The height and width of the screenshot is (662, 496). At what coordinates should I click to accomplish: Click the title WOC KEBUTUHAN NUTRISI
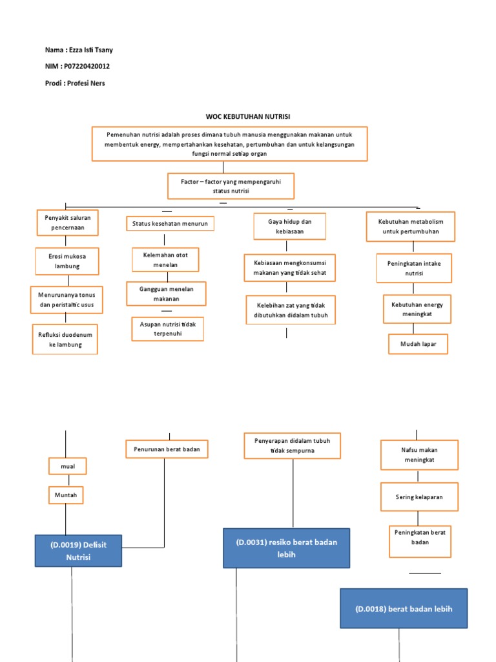tap(248, 116)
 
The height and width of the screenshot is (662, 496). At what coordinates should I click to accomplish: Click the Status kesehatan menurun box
tap(170, 224)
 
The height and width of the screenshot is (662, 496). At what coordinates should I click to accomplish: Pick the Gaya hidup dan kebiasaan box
tap(289, 226)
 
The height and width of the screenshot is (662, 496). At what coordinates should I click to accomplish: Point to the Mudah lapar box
tap(418, 344)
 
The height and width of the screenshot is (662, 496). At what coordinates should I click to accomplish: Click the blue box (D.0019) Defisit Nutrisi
tap(78, 551)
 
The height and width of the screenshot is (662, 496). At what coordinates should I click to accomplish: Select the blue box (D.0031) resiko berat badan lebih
tap(286, 548)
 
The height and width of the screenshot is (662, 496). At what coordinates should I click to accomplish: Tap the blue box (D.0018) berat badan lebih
tap(404, 608)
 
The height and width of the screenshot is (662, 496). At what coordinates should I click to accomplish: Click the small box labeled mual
tap(67, 465)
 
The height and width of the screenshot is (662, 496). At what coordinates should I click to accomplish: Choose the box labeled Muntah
tap(67, 495)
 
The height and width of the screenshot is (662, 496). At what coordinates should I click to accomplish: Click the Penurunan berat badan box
tap(167, 449)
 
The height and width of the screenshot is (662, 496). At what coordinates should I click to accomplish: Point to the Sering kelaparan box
tap(418, 497)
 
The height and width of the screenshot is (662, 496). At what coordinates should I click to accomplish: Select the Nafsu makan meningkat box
tap(418, 454)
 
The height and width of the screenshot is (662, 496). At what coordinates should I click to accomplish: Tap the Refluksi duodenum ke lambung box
tap(65, 339)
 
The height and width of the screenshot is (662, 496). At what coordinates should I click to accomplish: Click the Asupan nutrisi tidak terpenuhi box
tap(167, 328)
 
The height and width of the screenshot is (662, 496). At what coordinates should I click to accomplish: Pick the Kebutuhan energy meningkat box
tap(417, 309)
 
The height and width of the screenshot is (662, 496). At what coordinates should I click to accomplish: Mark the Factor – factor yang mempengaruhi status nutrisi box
tap(231, 186)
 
